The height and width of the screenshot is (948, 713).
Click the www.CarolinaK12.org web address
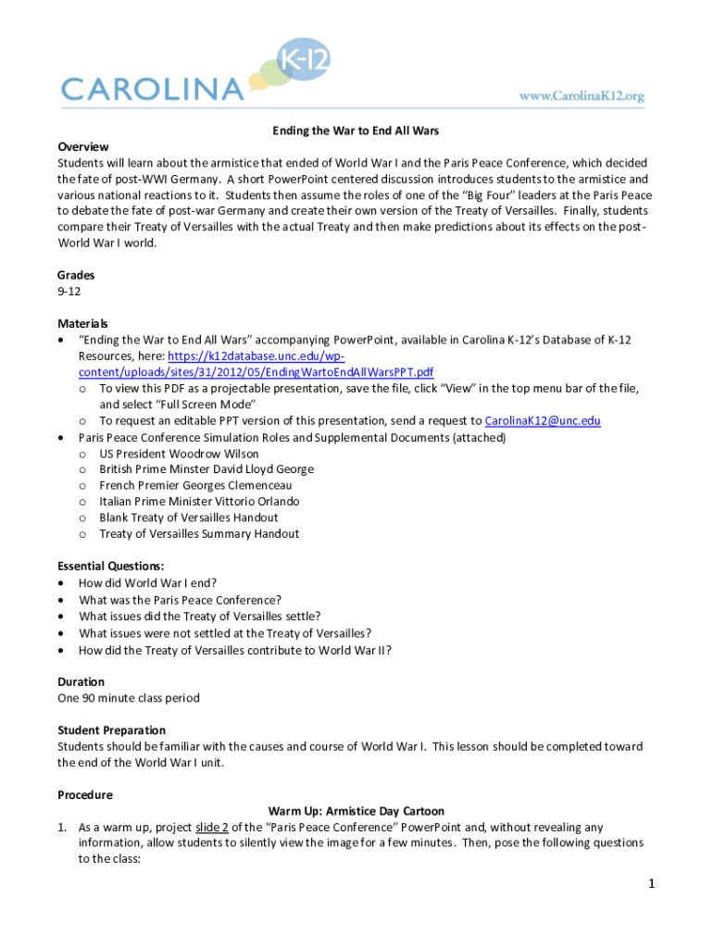pos(581,95)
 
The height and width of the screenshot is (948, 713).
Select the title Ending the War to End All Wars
pos(356,131)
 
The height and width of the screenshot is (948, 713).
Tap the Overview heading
pos(83,147)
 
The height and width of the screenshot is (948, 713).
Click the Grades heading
pos(76,275)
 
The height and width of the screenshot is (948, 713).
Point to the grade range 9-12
pos(69,292)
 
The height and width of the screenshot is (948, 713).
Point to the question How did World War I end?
pos(148,583)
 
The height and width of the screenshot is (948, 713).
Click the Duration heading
pos(81,681)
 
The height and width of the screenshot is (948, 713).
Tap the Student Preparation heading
pos(112,730)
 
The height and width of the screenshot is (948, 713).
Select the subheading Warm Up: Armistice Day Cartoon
pos(356,811)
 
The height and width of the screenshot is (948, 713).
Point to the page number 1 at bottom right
pos(652,884)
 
